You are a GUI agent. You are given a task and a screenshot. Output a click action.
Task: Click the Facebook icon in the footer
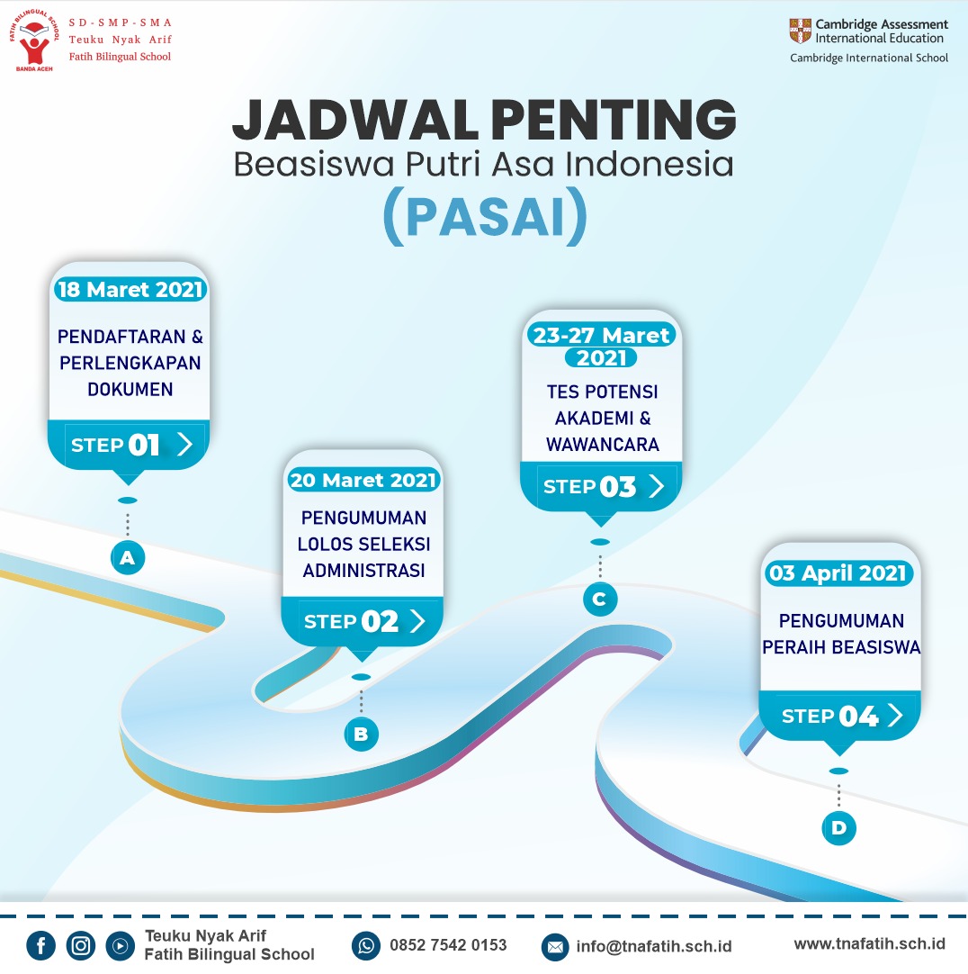pyautogui.click(x=41, y=946)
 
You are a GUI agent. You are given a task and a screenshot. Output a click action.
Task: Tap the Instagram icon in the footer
pyautogui.click(x=81, y=946)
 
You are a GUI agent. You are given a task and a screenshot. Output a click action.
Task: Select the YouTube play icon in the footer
pyautogui.click(x=120, y=946)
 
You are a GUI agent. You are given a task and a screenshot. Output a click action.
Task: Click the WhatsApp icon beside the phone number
pyautogui.click(x=366, y=946)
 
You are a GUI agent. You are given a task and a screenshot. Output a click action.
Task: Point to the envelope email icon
pyautogui.click(x=555, y=947)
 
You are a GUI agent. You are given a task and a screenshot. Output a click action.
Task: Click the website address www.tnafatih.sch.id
pyautogui.click(x=869, y=944)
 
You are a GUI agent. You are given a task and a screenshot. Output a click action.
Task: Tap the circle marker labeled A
pyautogui.click(x=128, y=557)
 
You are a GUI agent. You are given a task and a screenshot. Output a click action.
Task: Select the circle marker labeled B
pyautogui.click(x=362, y=734)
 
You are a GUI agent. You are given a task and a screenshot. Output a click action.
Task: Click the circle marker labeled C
pyautogui.click(x=600, y=599)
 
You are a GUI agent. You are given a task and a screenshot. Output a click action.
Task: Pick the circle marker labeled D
pyautogui.click(x=838, y=827)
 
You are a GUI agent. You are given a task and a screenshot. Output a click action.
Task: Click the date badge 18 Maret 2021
pyautogui.click(x=130, y=290)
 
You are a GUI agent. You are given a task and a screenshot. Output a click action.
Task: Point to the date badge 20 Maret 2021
pyautogui.click(x=363, y=480)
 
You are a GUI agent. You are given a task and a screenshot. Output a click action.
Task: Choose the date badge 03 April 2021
pyautogui.click(x=838, y=573)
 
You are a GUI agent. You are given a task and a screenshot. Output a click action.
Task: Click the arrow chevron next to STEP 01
pyautogui.click(x=184, y=444)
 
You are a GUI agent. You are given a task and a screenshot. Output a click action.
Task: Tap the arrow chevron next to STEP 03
pyautogui.click(x=657, y=486)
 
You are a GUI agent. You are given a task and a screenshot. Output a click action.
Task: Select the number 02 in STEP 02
pyautogui.click(x=380, y=621)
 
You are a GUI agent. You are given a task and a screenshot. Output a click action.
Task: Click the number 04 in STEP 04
pyautogui.click(x=859, y=717)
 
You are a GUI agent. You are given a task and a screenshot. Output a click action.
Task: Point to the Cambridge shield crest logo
pyautogui.click(x=801, y=31)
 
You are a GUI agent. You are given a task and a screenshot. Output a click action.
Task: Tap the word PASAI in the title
pyautogui.click(x=486, y=217)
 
